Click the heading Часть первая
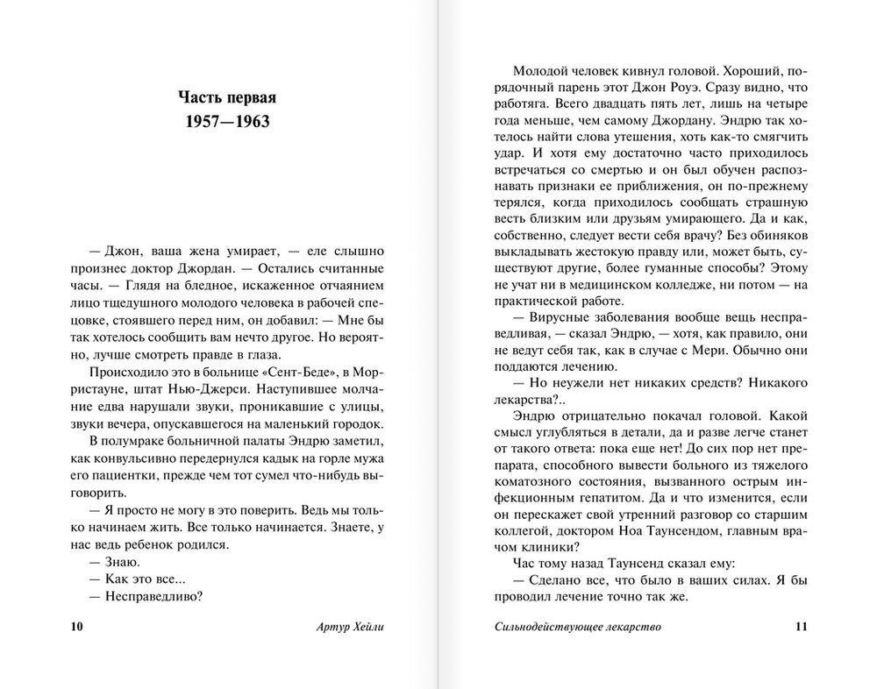227,96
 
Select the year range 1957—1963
227,121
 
